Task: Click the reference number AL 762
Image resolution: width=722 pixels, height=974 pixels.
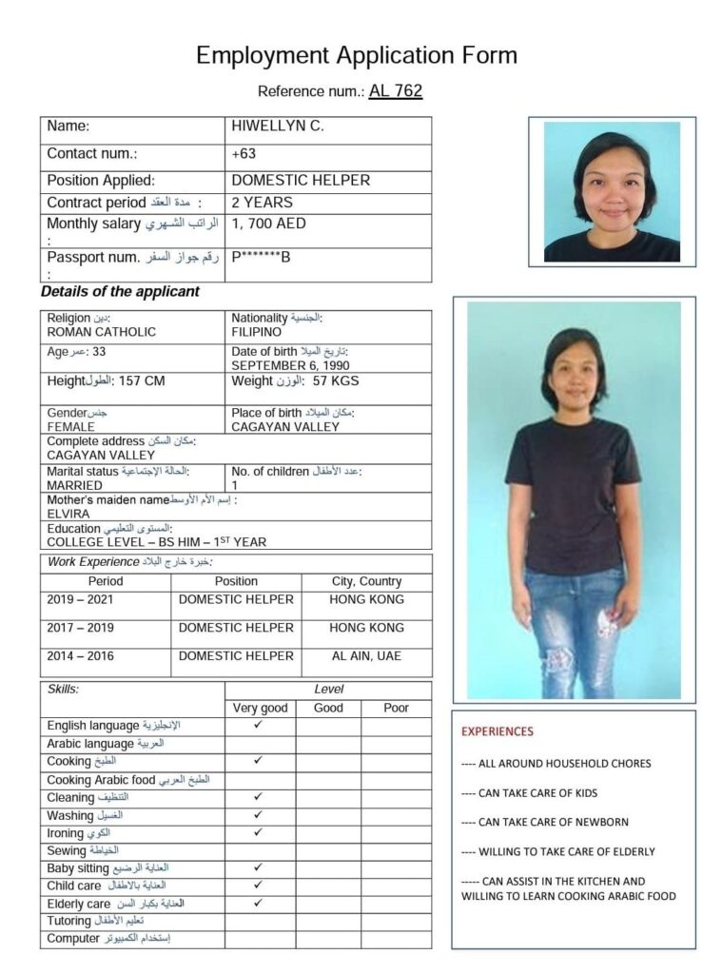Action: [395, 91]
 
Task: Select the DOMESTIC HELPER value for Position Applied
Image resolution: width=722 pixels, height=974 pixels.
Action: [301, 180]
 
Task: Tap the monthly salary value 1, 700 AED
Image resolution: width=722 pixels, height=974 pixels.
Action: [269, 224]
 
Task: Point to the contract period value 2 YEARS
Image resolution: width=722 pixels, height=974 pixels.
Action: [262, 202]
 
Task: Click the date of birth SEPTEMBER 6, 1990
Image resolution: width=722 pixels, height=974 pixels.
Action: [290, 365]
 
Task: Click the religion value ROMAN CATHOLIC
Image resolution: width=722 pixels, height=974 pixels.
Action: [102, 332]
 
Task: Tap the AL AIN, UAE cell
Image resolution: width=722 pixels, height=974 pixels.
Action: [366, 656]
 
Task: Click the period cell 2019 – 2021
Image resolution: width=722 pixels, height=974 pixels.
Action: [79, 599]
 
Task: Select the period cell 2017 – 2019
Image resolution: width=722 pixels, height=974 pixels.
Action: [79, 628]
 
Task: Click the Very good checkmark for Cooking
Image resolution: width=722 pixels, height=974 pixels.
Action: [259, 761]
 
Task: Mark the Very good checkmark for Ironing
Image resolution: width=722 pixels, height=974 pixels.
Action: [259, 832]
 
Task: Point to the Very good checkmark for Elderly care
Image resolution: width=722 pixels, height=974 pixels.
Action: [259, 903]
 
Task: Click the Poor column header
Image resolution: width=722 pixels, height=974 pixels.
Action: [396, 708]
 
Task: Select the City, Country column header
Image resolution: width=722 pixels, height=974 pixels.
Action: [366, 581]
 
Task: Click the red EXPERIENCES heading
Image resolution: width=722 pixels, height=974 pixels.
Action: [498, 731]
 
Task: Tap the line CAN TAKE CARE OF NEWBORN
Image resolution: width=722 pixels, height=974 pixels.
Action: [545, 822]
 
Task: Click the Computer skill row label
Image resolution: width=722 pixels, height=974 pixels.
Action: [73, 939]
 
